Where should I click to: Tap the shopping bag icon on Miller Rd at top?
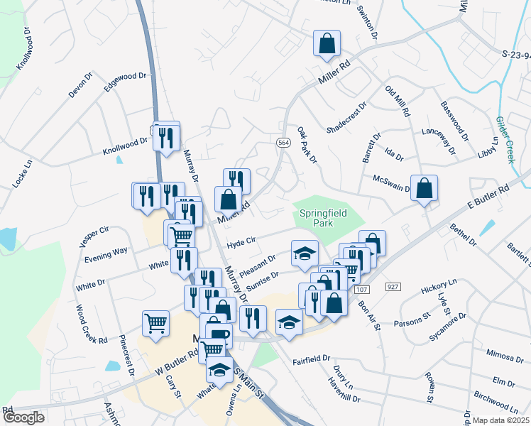[x=327, y=43]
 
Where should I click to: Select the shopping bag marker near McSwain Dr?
[x=424, y=188]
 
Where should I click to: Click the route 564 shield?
[x=283, y=143]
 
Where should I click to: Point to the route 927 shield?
[x=394, y=285]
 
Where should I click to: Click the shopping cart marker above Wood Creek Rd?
[x=155, y=323]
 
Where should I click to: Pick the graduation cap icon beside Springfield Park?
[x=305, y=253]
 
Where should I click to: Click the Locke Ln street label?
[x=22, y=173]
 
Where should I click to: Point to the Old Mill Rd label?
[x=397, y=101]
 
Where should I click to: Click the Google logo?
[x=23, y=417]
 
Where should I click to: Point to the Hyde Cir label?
[x=241, y=244]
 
